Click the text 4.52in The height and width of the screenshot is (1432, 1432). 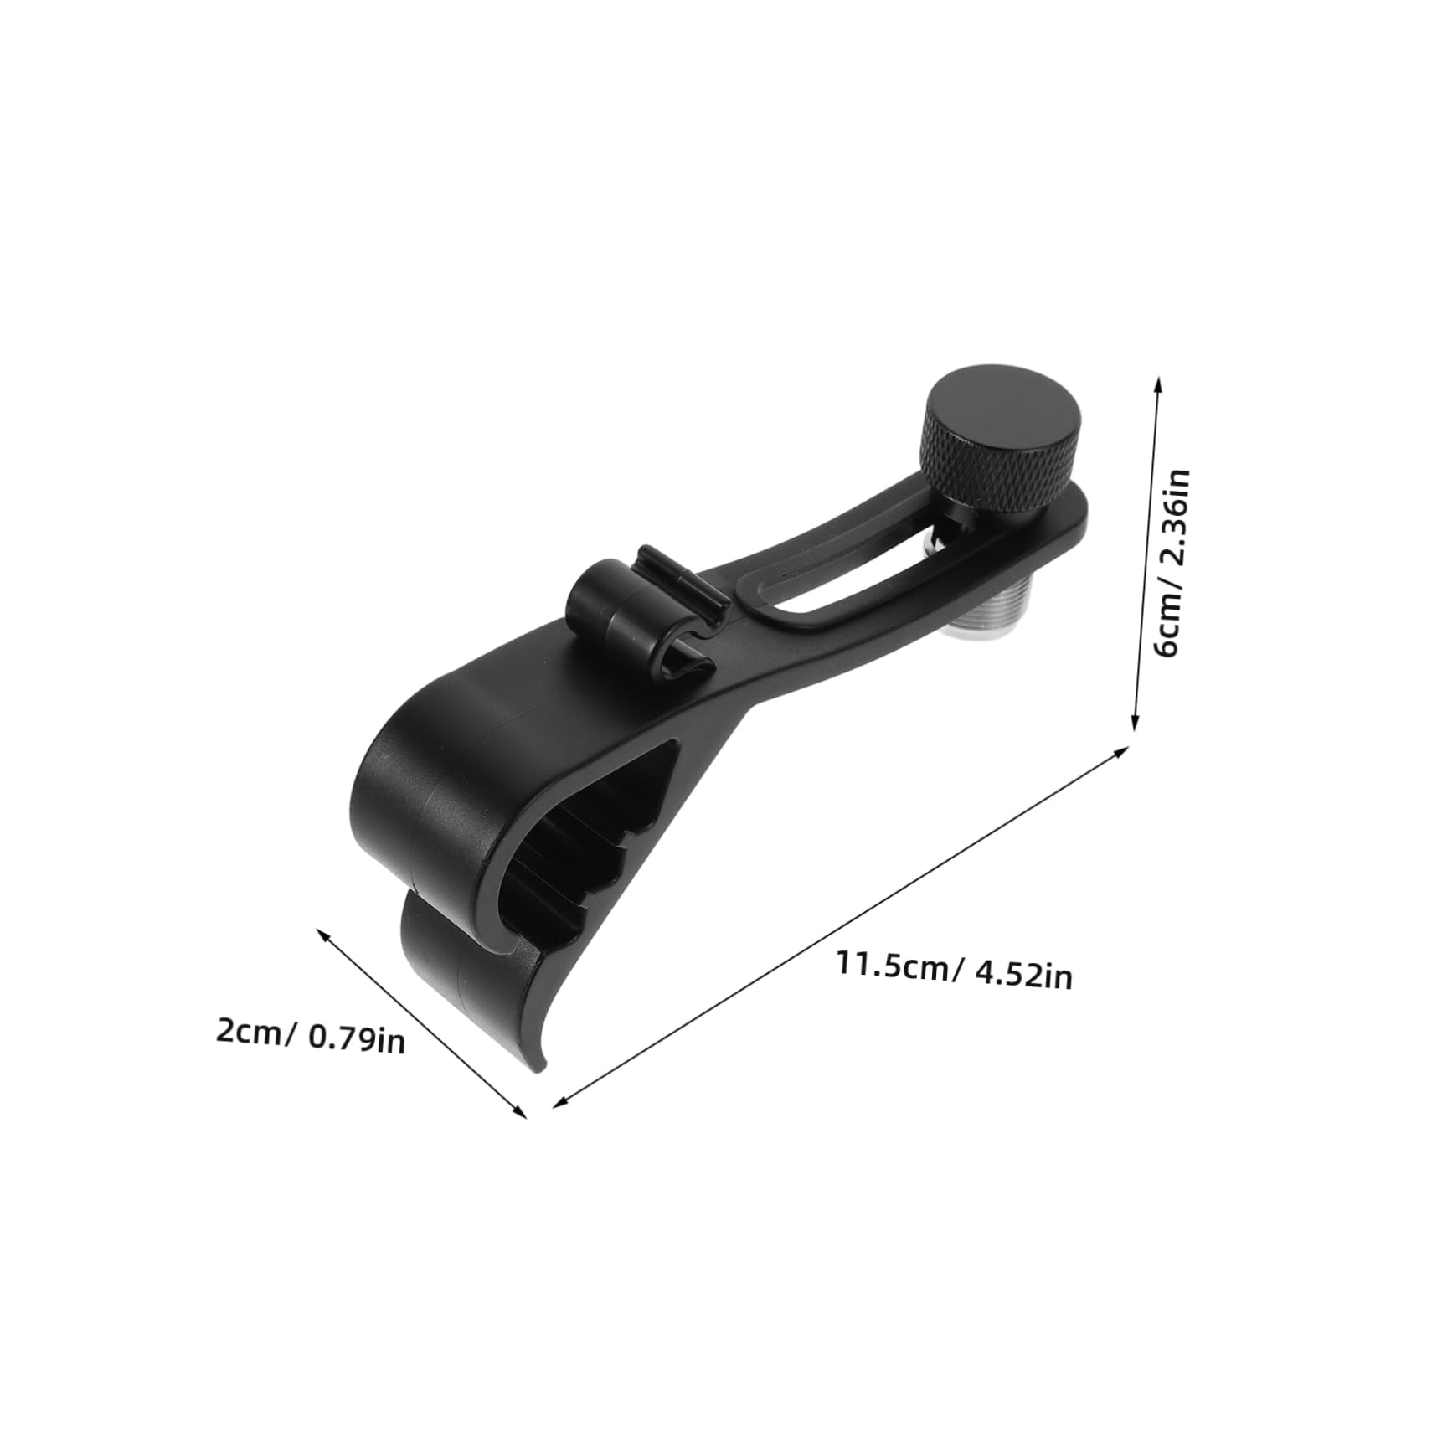1022,976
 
